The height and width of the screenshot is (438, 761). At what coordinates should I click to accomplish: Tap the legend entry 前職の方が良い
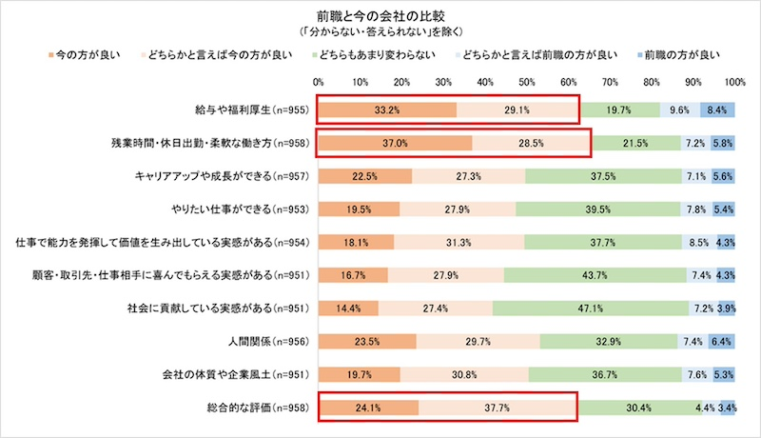pyautogui.click(x=677, y=54)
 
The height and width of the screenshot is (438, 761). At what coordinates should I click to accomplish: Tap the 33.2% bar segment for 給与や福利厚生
pyautogui.click(x=387, y=110)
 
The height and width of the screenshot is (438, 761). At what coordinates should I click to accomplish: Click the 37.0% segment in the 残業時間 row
pyautogui.click(x=395, y=144)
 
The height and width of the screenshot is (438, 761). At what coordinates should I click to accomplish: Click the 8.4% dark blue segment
pyautogui.click(x=718, y=110)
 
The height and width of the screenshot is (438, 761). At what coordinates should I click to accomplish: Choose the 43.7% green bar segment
pyautogui.click(x=595, y=276)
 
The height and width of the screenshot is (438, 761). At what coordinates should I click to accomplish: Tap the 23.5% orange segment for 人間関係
pyautogui.click(x=367, y=342)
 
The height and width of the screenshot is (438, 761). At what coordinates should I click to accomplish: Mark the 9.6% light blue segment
pyautogui.click(x=680, y=110)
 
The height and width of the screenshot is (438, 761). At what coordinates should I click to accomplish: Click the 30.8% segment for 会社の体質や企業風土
pyautogui.click(x=465, y=375)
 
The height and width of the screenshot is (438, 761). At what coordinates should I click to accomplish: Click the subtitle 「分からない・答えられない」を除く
pyautogui.click(x=380, y=30)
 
